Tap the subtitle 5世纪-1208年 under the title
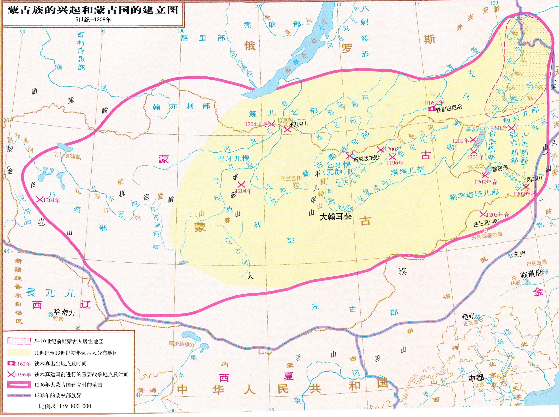(93, 20)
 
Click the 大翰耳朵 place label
(335, 217)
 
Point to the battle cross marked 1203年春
(483, 214)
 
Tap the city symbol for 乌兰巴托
(296, 185)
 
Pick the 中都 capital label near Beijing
(476, 378)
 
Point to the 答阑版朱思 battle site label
(366, 158)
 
